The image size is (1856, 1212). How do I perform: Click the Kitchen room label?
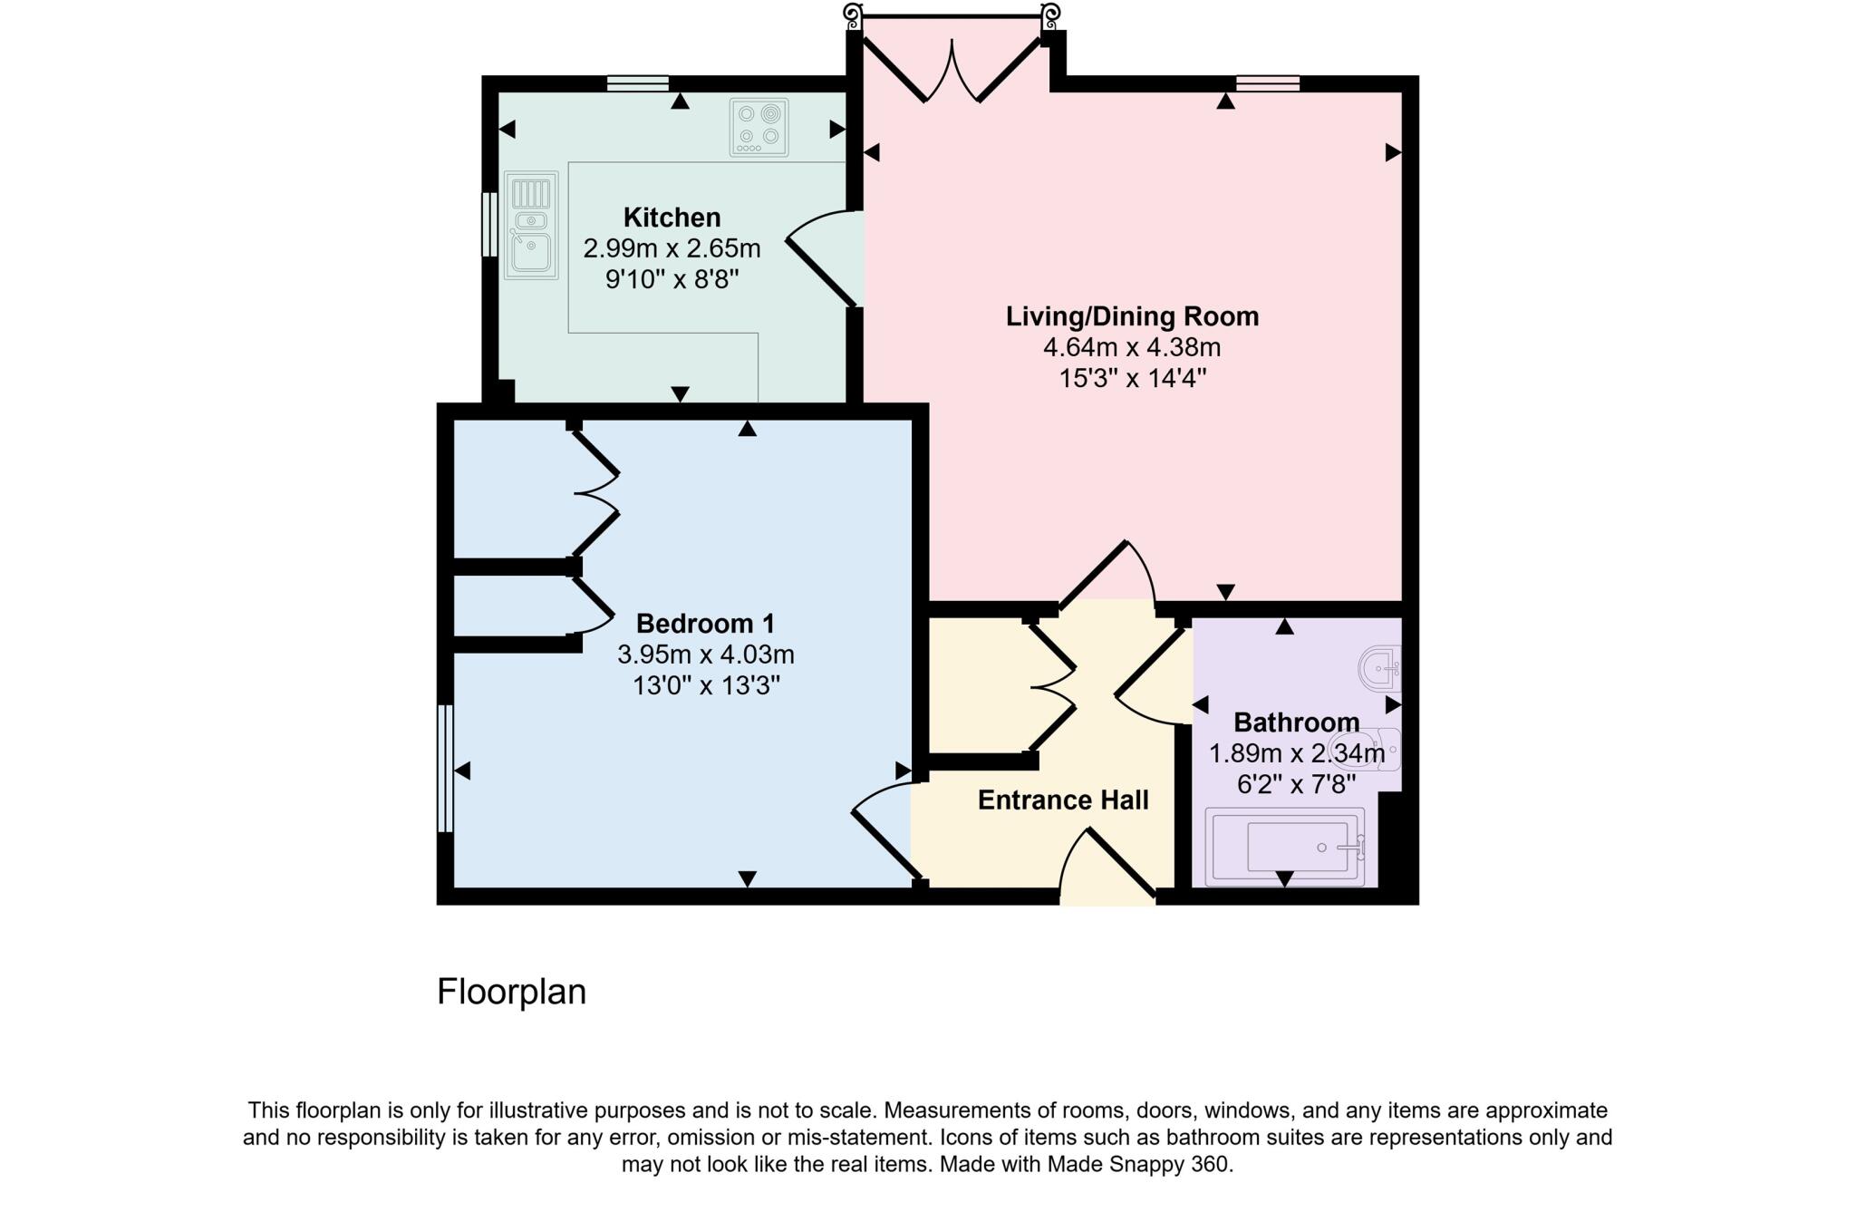[x=672, y=218]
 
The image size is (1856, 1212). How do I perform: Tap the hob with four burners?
[x=759, y=127]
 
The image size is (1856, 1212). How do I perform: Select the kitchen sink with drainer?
[x=531, y=225]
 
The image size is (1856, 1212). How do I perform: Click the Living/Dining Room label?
[x=1132, y=316]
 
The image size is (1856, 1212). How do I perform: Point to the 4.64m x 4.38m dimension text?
[x=1132, y=347]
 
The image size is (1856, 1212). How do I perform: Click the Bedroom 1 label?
[x=705, y=624]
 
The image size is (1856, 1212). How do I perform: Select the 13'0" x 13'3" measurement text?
[x=706, y=685]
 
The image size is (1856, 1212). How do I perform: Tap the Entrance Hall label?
[x=1063, y=800]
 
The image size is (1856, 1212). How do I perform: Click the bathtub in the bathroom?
[x=1285, y=847]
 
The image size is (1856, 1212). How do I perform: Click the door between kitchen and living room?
[x=821, y=257]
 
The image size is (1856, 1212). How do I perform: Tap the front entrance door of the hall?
[x=1107, y=866]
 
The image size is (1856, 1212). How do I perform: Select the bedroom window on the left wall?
[x=445, y=768]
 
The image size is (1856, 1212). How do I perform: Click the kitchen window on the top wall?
[x=638, y=84]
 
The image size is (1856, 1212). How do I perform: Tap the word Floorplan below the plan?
[x=511, y=992]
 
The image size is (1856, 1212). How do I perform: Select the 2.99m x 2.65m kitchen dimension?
[x=672, y=248]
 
